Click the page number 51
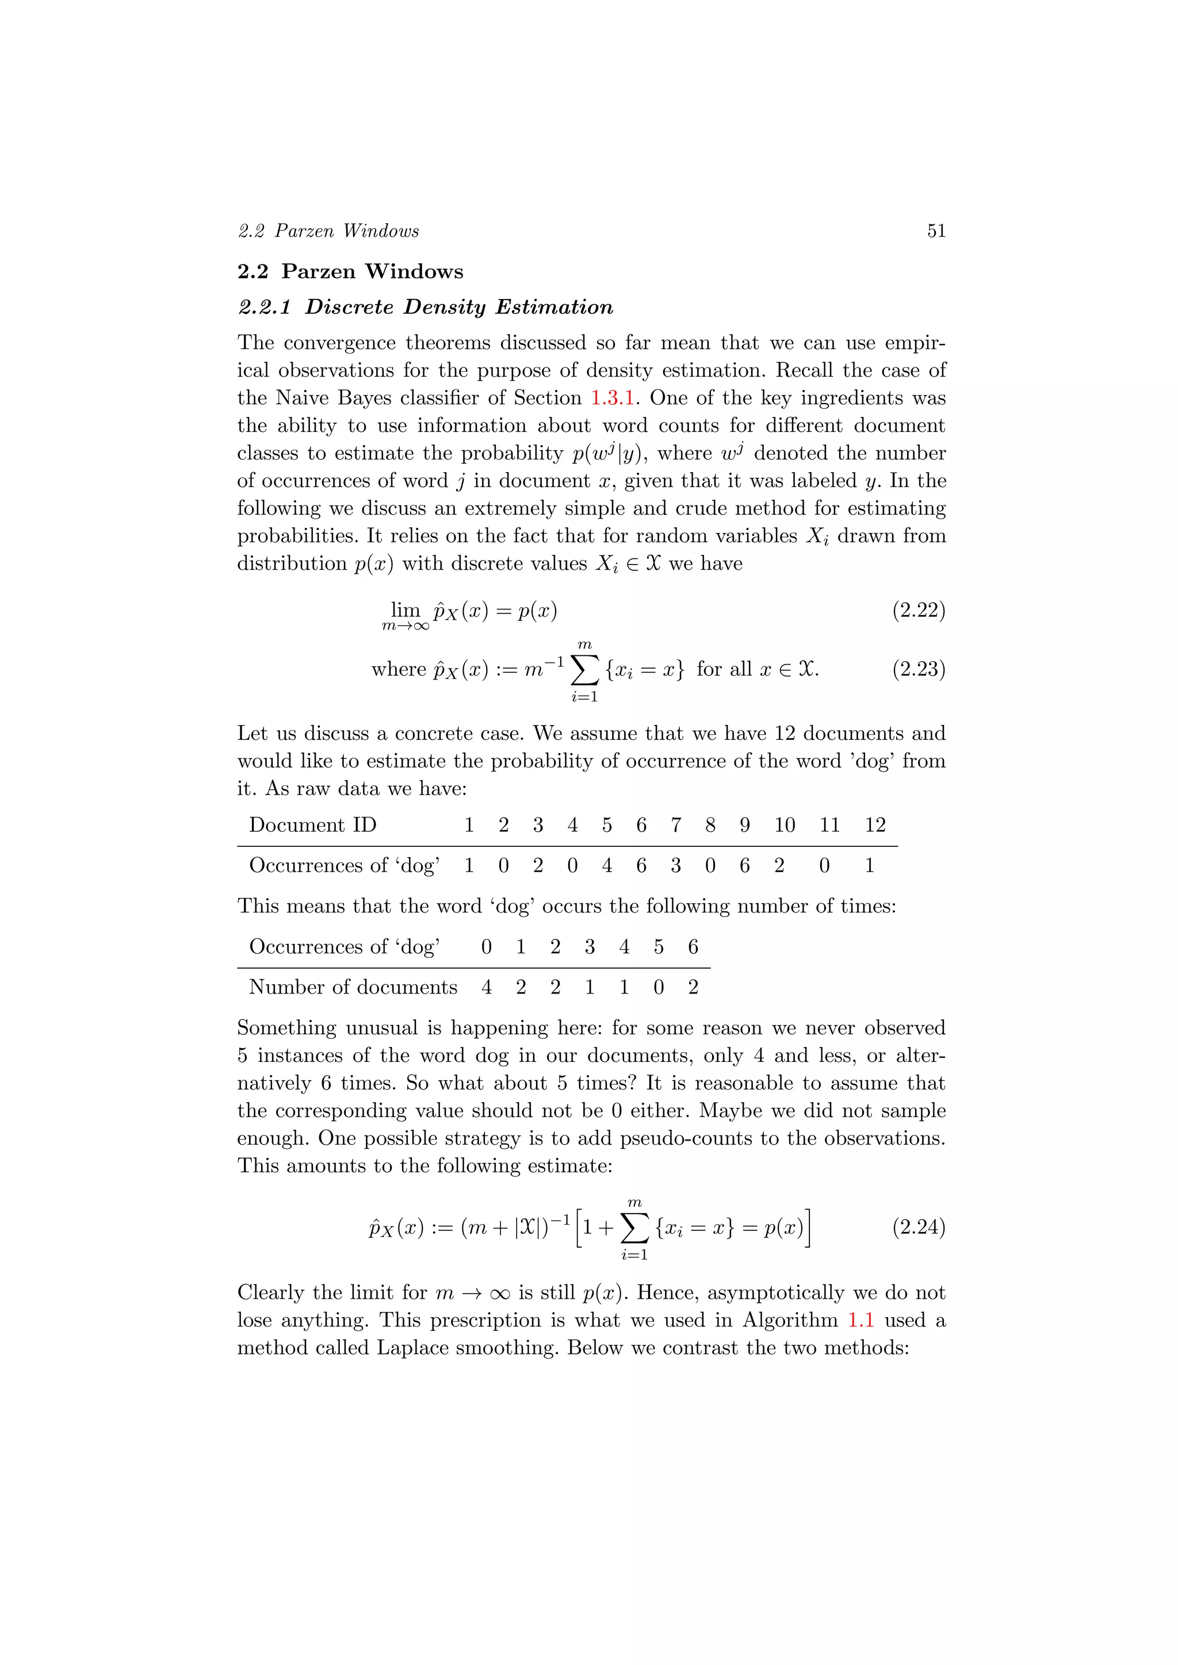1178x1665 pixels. pos(936,231)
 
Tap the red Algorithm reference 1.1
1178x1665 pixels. pos(860,1321)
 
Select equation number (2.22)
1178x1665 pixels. pos(919,611)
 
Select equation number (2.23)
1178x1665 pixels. pos(919,669)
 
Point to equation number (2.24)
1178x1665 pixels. pos(919,1227)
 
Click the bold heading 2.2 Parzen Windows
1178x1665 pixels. pos(350,271)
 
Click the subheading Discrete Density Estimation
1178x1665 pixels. pos(458,308)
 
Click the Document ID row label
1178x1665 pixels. pos(313,825)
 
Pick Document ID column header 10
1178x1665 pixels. pos(784,825)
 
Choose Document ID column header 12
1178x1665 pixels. pos(875,825)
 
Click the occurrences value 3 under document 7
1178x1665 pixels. pos(675,866)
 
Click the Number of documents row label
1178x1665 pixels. pos(353,988)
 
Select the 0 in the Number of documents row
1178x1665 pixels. pos(658,988)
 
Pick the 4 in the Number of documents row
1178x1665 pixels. pos(486,988)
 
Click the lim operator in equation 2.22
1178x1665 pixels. pos(405,610)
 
